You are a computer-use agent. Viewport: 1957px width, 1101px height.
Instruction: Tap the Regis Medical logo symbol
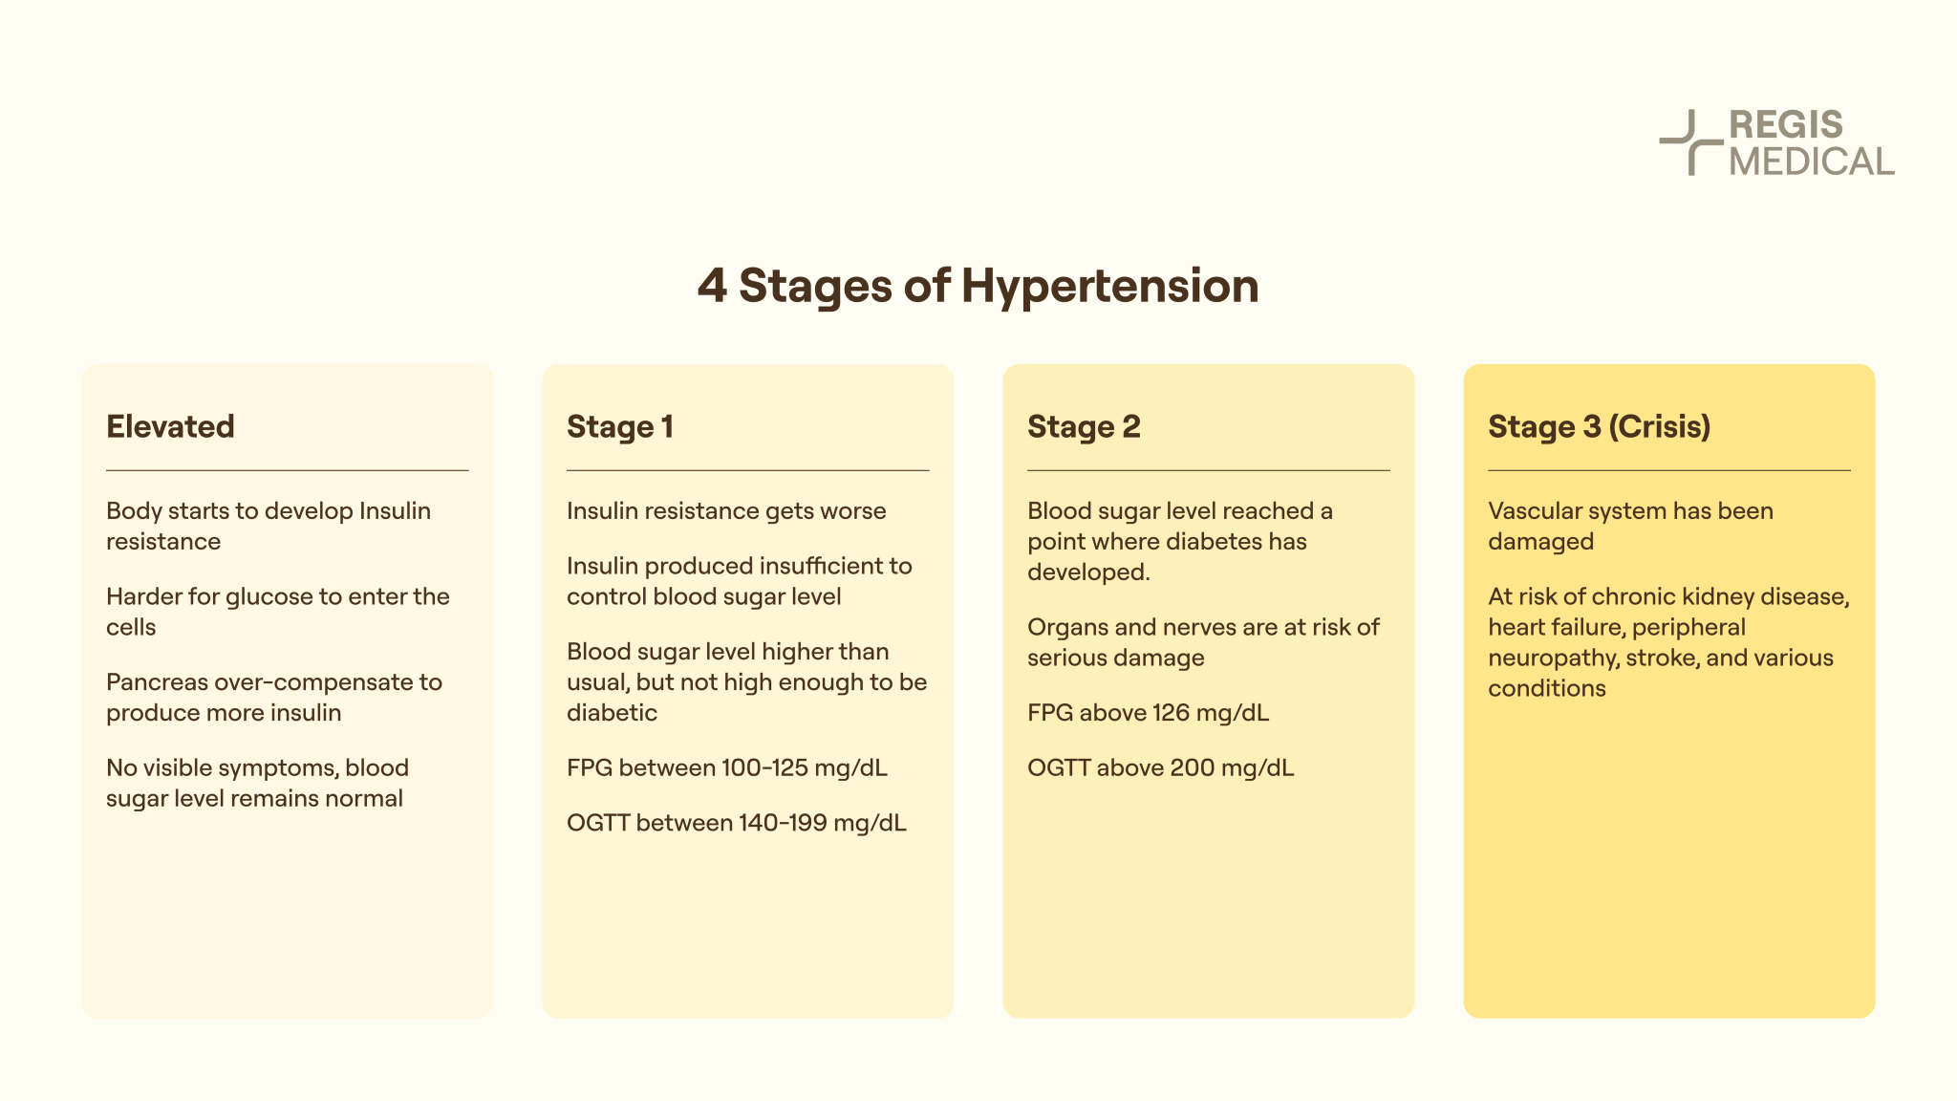[x=1688, y=142]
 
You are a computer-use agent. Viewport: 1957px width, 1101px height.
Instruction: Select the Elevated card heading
[x=170, y=426]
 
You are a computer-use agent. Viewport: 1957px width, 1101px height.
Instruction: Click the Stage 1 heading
[x=620, y=426]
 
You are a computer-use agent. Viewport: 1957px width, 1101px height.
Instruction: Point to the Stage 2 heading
[x=1084, y=426]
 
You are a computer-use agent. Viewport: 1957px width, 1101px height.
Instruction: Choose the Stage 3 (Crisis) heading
[x=1599, y=426]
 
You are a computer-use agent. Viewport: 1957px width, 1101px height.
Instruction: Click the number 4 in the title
[x=712, y=286]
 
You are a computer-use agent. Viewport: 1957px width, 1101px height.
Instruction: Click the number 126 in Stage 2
[x=1171, y=713]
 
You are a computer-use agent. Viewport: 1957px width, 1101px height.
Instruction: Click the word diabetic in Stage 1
[x=612, y=713]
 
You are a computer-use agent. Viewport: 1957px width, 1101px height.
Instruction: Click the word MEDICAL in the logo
[x=1811, y=162]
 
